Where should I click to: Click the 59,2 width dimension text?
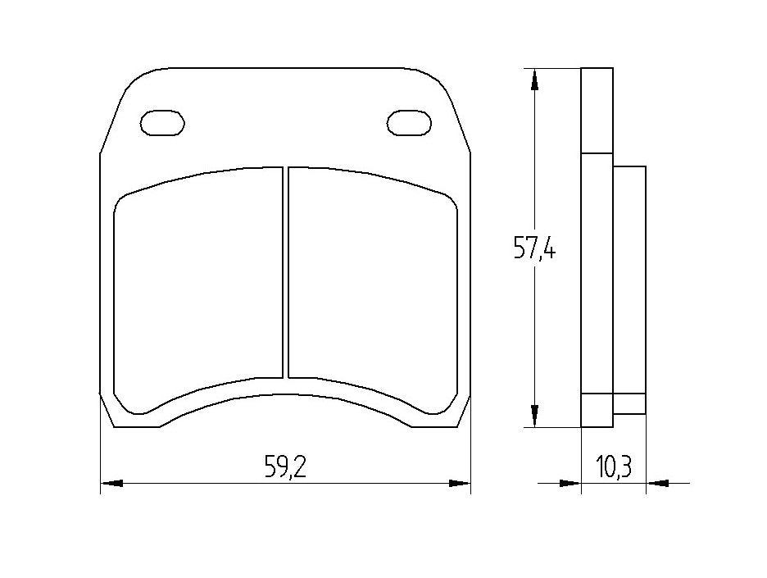[285, 467]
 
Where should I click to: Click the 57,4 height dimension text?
[535, 247]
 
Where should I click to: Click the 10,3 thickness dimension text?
[613, 468]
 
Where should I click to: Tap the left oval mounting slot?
[162, 122]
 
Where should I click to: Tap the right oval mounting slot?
[408, 122]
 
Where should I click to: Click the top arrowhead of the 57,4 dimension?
[534, 79]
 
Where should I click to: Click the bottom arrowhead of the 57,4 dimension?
[534, 416]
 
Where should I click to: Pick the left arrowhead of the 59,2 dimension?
[111, 484]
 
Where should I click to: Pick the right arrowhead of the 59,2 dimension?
[460, 484]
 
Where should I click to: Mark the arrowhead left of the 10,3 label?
[570, 484]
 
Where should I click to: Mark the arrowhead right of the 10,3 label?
[656, 484]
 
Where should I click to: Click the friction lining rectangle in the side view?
[629, 279]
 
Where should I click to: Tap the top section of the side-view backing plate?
[597, 110]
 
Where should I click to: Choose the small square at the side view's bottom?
[629, 404]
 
